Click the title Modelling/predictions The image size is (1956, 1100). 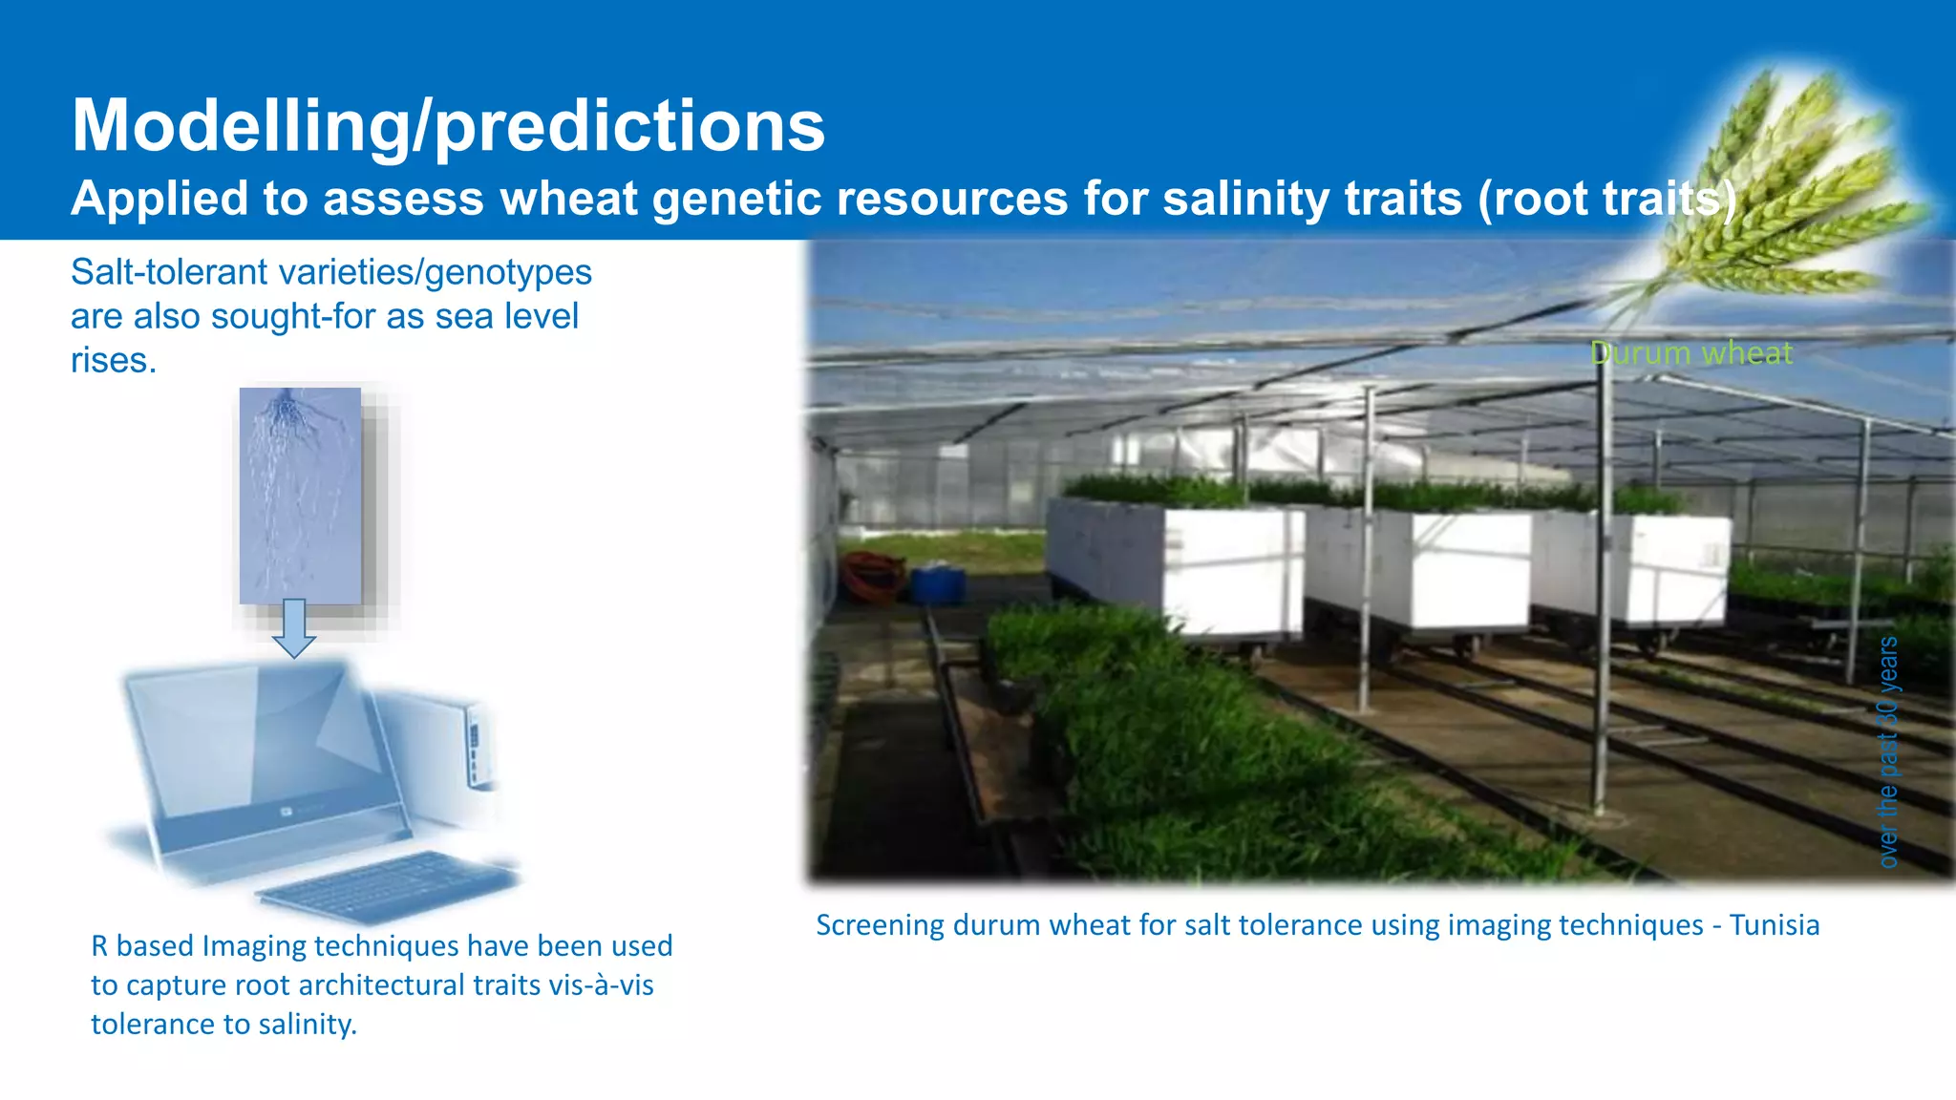coord(447,126)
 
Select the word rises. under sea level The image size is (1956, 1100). coord(113,361)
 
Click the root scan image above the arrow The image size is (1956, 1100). coord(300,495)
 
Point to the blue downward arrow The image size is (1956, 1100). coord(294,628)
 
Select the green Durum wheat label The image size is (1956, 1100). coord(1690,353)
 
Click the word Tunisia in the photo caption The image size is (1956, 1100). coord(1775,925)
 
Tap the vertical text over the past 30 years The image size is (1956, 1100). coord(1888,751)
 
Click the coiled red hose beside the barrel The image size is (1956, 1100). coord(872,576)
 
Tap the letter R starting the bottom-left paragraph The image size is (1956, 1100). coord(99,946)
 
